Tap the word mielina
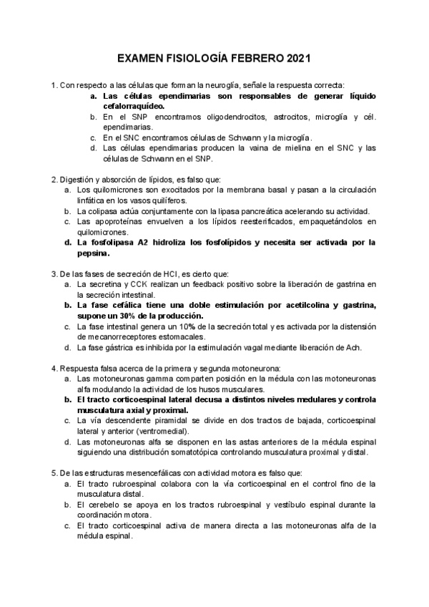pyautogui.click(x=286, y=148)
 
